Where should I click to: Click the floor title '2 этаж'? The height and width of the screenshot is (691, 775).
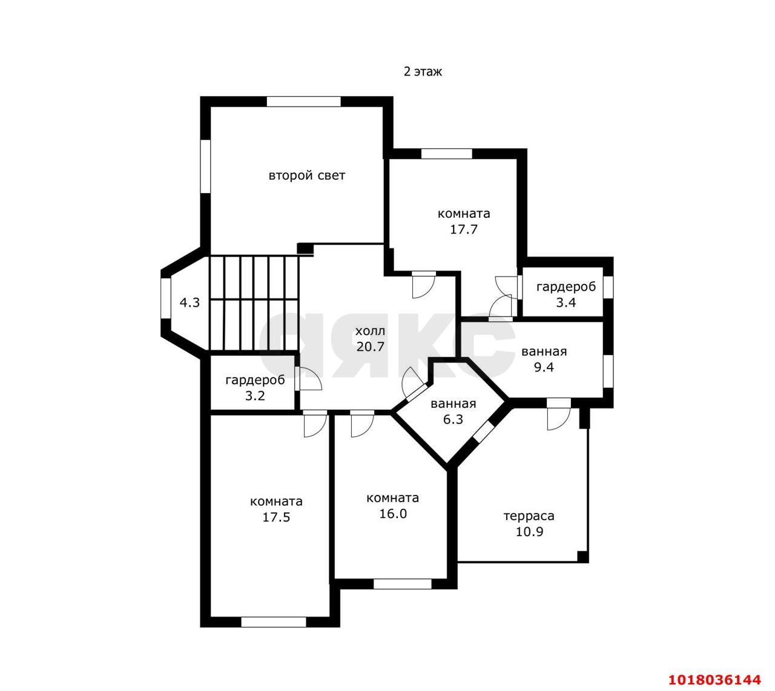[x=423, y=72]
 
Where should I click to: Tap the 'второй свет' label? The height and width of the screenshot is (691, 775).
[x=307, y=175]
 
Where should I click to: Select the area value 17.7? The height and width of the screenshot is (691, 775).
[x=464, y=229]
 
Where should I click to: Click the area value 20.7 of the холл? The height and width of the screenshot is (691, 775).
[x=371, y=347]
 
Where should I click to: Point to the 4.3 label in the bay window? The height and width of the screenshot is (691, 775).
[x=190, y=303]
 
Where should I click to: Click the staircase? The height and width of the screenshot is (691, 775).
[x=254, y=303]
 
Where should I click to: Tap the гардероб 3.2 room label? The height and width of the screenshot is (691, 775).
[x=255, y=388]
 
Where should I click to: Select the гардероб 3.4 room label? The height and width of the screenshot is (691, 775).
[x=566, y=295]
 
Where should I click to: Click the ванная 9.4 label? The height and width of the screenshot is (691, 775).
[x=544, y=359]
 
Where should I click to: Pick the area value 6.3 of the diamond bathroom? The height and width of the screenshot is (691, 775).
[x=453, y=419]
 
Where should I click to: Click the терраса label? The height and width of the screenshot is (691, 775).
[x=529, y=516]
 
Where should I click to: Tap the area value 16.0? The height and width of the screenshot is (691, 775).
[x=393, y=513]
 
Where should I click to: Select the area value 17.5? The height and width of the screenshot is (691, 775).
[x=276, y=517]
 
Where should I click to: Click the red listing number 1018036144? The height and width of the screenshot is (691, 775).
[x=714, y=680]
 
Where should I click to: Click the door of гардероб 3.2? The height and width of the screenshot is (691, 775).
[x=309, y=378]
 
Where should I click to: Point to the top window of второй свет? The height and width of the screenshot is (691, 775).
[x=303, y=101]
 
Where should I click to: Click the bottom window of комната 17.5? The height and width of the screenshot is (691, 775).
[x=274, y=622]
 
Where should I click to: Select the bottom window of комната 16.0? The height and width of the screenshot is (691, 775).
[x=403, y=584]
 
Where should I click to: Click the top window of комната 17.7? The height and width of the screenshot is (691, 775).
[x=447, y=154]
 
